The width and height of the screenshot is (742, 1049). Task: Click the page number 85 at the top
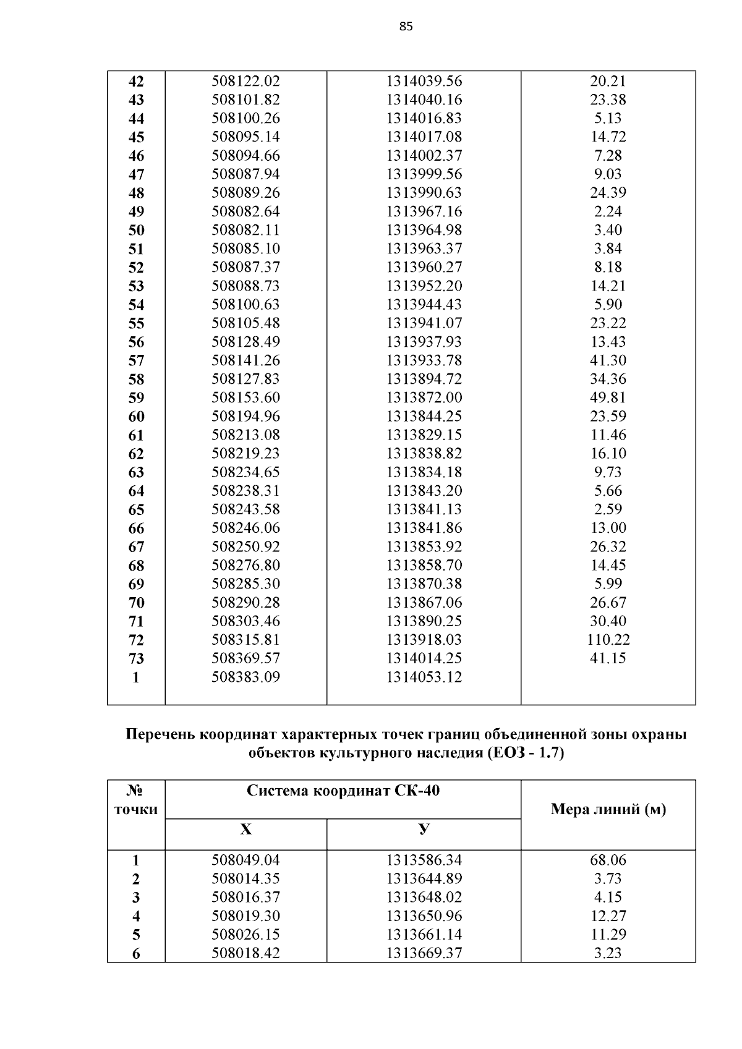[x=406, y=27]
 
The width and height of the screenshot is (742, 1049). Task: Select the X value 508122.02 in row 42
[x=245, y=81]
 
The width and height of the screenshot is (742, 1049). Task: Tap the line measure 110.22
[x=608, y=640]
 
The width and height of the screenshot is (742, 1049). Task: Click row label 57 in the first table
[x=136, y=361]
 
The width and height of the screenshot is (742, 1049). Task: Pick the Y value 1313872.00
[x=424, y=397]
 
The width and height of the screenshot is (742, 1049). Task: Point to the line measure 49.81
[x=608, y=397]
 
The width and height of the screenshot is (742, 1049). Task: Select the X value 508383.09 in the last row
[x=245, y=677]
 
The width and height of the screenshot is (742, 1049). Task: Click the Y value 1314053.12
[x=424, y=677]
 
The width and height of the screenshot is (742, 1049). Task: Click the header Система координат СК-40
[x=343, y=791]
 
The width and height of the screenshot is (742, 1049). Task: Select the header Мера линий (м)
[x=608, y=810]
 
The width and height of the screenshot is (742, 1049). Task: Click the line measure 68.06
[x=608, y=860]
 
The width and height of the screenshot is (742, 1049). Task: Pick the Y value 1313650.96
[x=424, y=915]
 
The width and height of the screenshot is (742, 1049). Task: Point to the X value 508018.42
[x=245, y=953]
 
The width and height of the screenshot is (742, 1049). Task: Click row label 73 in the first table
[x=136, y=659]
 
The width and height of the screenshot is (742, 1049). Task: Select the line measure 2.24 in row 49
[x=608, y=211]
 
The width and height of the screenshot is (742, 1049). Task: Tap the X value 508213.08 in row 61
[x=245, y=435]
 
